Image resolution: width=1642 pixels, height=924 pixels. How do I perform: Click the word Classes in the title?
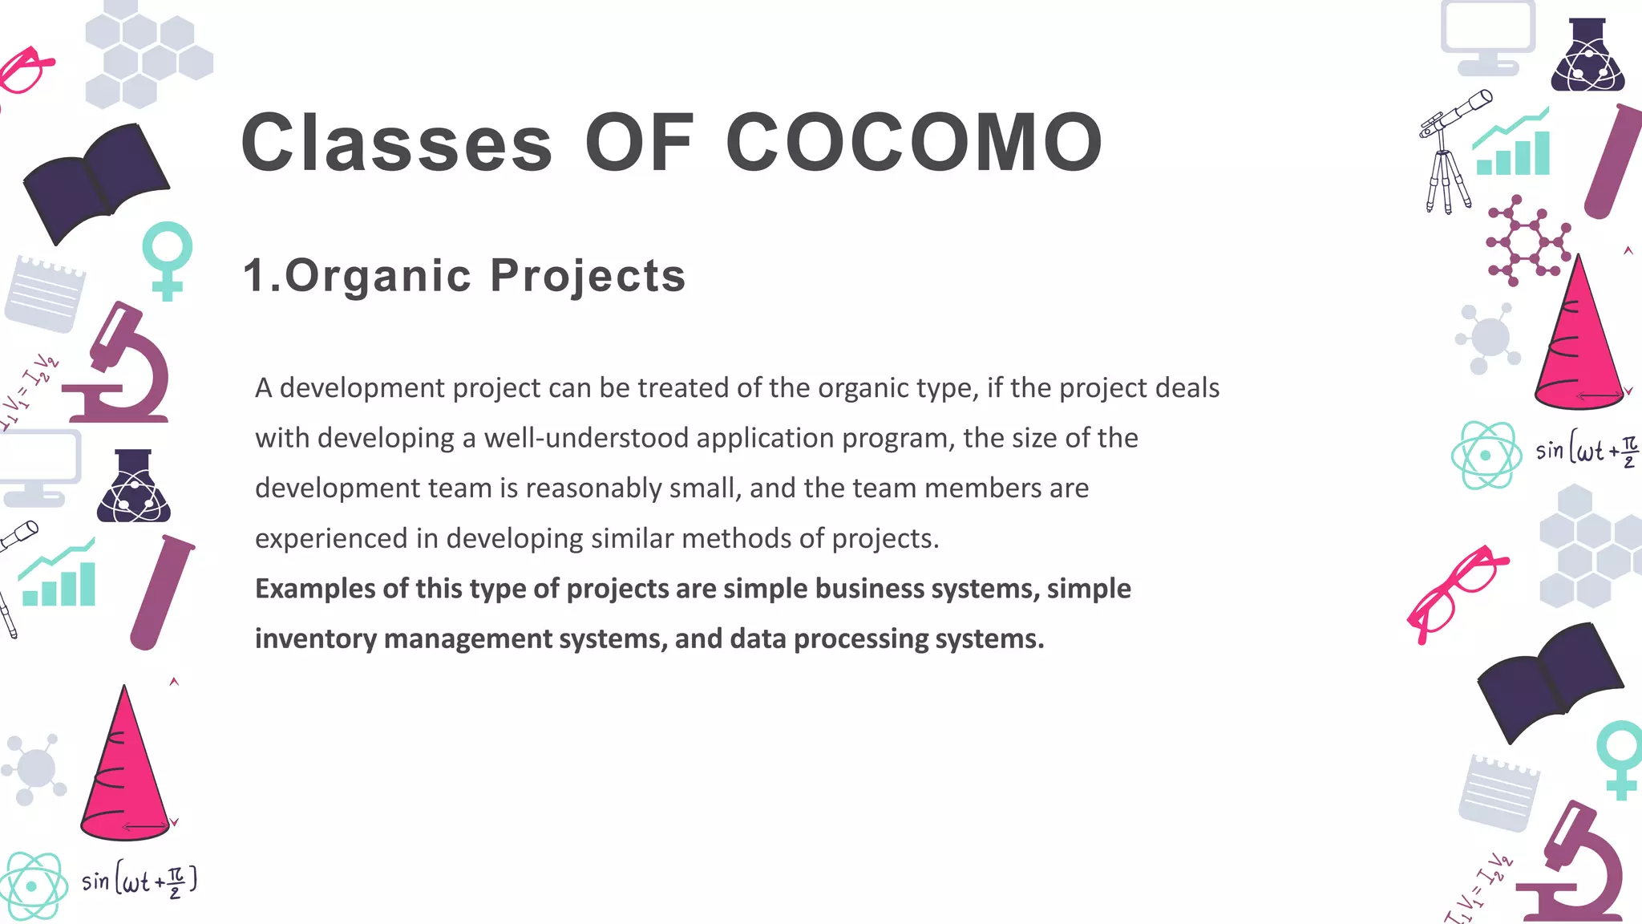tap(397, 143)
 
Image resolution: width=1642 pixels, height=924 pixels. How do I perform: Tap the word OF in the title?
tap(639, 143)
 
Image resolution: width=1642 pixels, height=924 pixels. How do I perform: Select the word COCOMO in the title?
tap(915, 143)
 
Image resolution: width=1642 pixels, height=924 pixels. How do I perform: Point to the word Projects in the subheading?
tap(588, 276)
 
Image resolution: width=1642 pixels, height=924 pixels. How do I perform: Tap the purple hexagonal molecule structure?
tap(1527, 241)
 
